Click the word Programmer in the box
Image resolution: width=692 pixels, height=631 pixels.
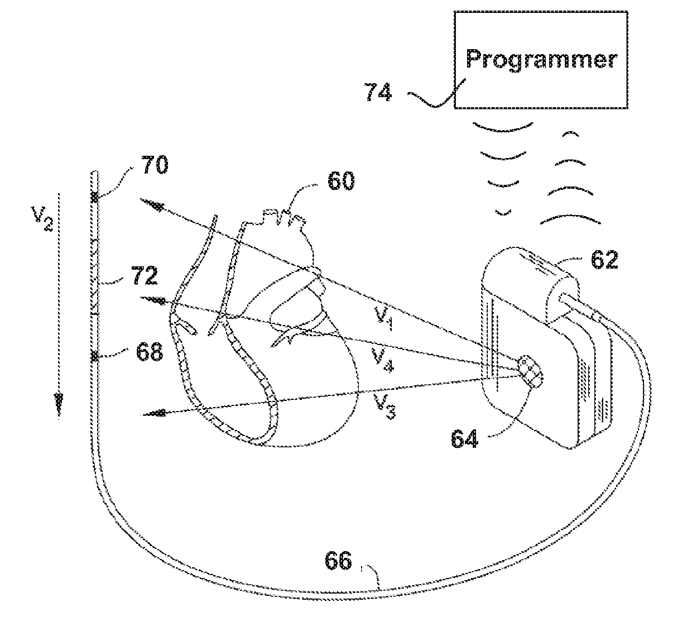541,59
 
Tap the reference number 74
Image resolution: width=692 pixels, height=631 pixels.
378,92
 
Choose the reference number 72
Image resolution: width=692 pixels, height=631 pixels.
145,276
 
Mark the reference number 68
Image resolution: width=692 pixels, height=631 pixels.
148,352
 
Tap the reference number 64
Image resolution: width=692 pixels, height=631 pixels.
465,437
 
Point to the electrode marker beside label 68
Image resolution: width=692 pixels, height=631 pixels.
95,356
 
